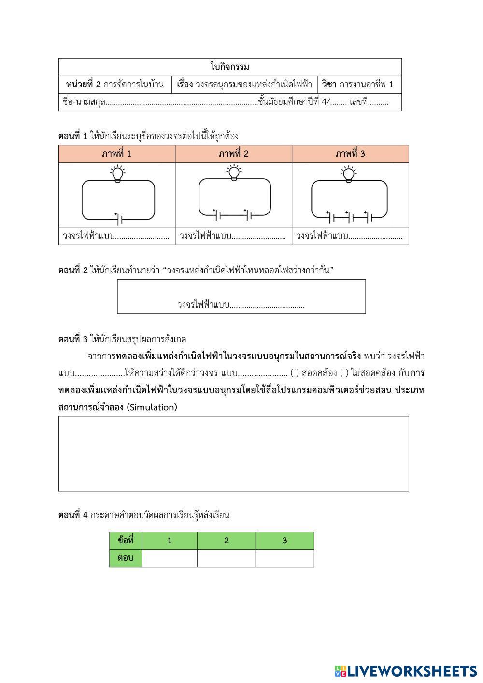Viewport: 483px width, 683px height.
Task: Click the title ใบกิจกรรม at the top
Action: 230,67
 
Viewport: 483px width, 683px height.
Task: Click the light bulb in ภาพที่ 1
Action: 116,174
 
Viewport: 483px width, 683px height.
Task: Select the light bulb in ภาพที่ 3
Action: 348,174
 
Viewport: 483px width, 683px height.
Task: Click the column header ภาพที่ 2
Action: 233,154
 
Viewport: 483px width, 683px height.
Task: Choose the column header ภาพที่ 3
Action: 350,154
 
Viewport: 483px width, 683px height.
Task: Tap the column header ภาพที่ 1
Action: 116,154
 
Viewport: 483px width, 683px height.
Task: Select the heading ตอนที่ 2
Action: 73,270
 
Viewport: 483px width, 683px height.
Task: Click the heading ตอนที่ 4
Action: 73,515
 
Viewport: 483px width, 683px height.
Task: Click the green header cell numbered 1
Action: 170,541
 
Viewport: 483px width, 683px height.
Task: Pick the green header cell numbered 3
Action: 284,541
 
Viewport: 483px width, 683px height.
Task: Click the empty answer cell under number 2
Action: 226,558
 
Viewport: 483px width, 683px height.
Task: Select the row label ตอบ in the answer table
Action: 126,558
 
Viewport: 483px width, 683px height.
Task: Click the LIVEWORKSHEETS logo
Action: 406,671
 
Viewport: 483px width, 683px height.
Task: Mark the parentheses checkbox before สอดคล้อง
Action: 295,373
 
